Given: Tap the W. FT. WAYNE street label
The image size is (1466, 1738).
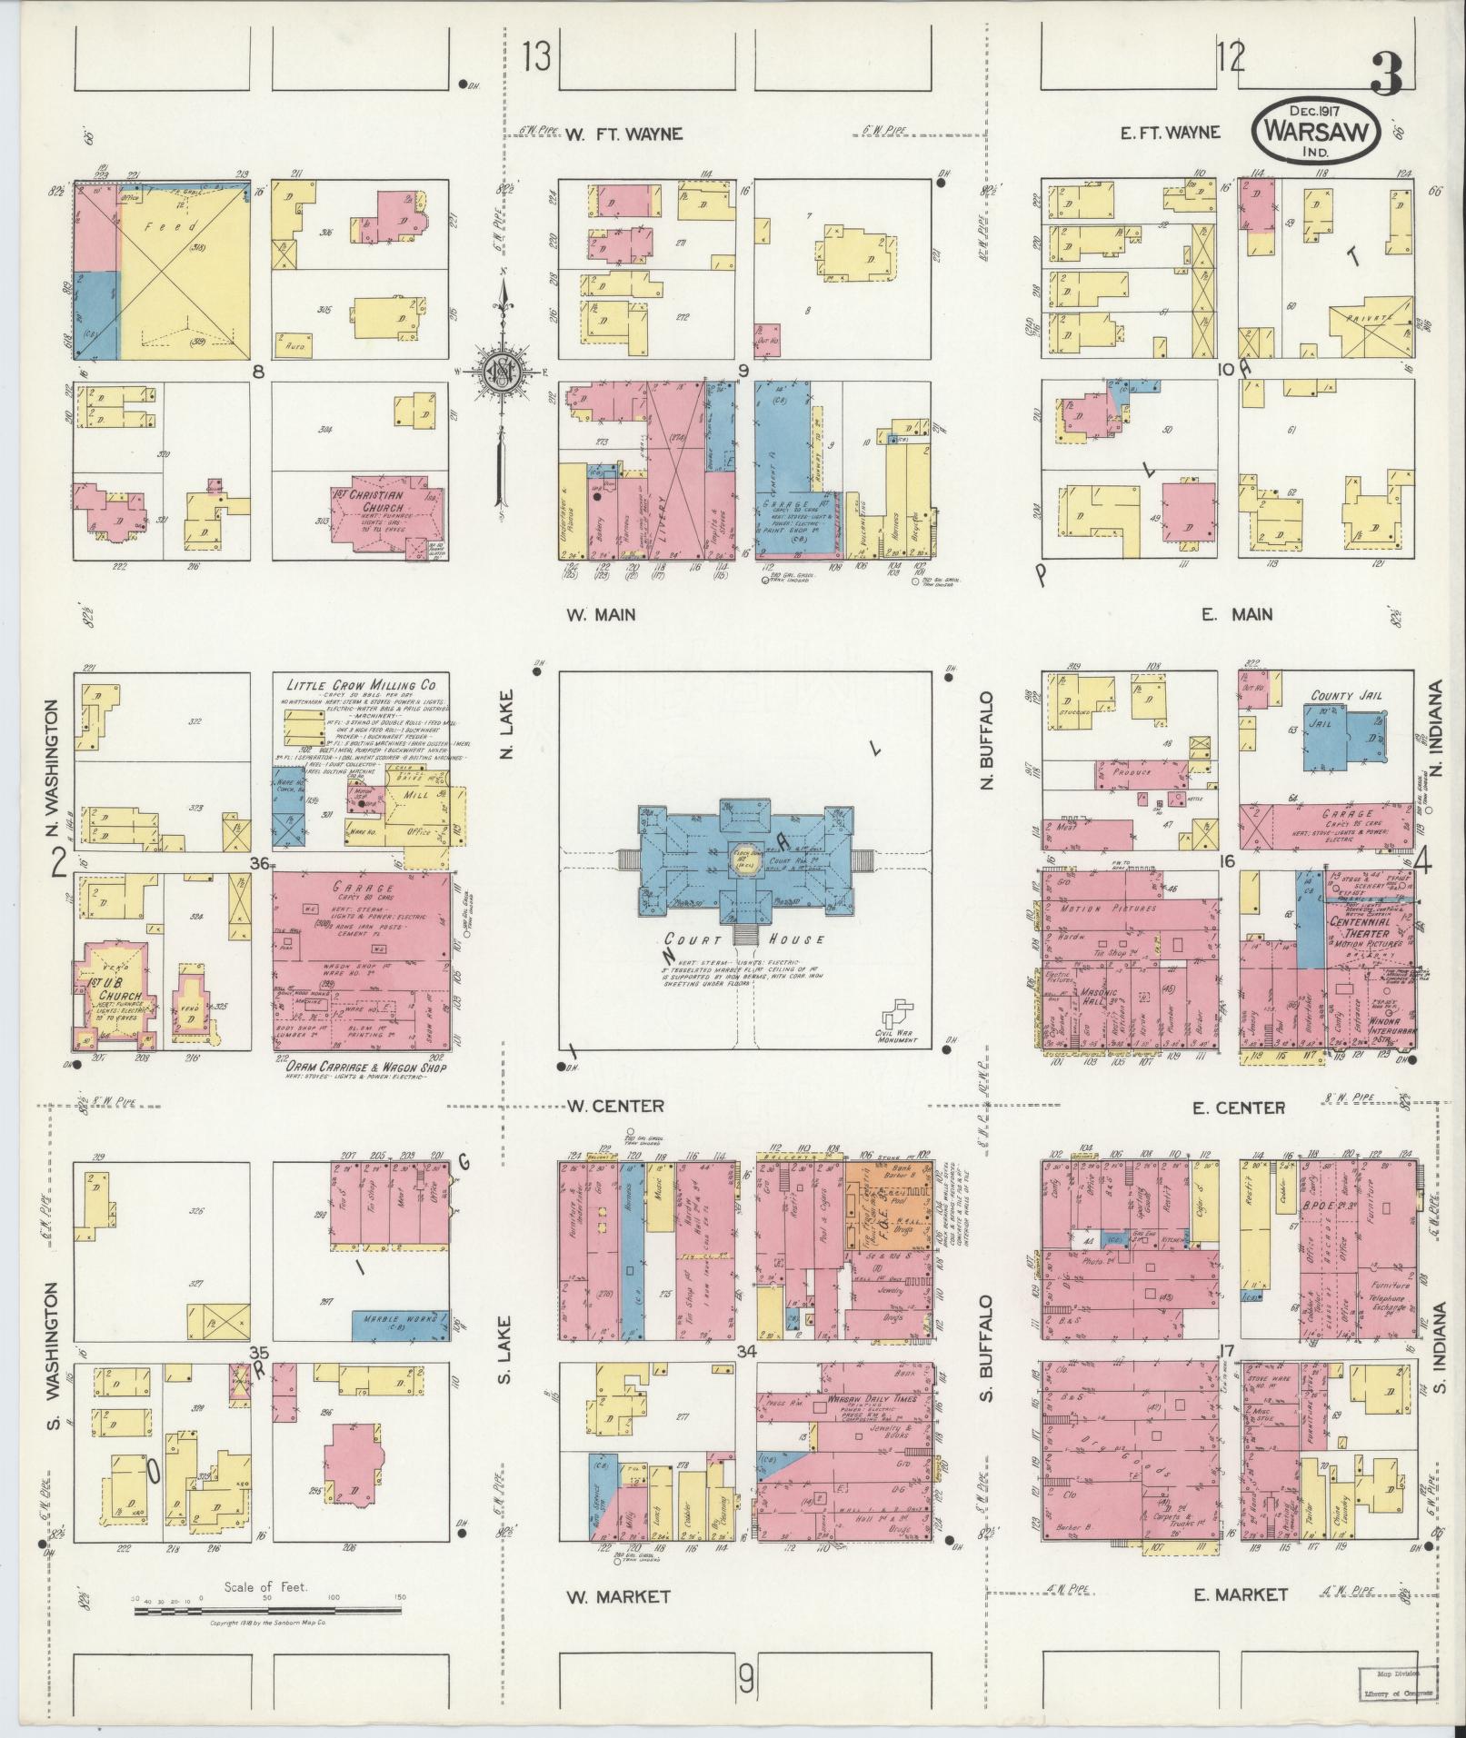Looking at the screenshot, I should (x=623, y=134).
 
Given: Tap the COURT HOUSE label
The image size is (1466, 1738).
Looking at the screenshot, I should (x=745, y=939).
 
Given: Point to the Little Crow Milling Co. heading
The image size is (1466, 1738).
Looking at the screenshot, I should (x=363, y=685).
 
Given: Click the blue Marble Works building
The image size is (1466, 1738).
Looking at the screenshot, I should (x=400, y=1319).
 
